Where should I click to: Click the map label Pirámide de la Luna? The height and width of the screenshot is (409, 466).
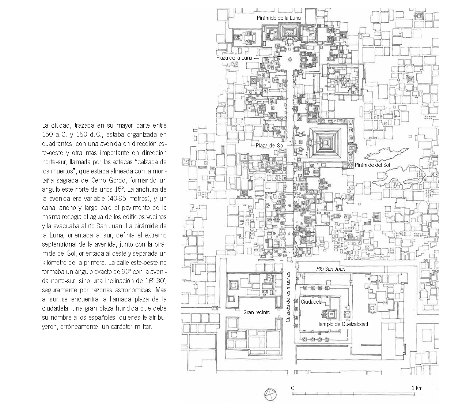click(279, 18)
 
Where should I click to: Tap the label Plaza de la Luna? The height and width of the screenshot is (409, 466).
click(234, 58)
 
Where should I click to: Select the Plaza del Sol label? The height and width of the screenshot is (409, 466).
click(269, 146)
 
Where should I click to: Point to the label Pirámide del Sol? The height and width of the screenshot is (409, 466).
click(372, 165)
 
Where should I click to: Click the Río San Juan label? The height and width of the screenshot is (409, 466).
click(330, 269)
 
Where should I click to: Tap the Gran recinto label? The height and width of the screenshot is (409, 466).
click(257, 312)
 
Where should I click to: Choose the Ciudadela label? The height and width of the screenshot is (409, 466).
click(311, 302)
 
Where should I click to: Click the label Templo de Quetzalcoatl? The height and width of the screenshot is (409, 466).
click(342, 324)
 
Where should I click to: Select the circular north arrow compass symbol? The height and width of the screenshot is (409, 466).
click(270, 394)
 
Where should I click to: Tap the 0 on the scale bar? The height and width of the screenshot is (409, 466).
click(293, 388)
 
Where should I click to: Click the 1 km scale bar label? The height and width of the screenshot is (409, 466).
click(417, 388)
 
